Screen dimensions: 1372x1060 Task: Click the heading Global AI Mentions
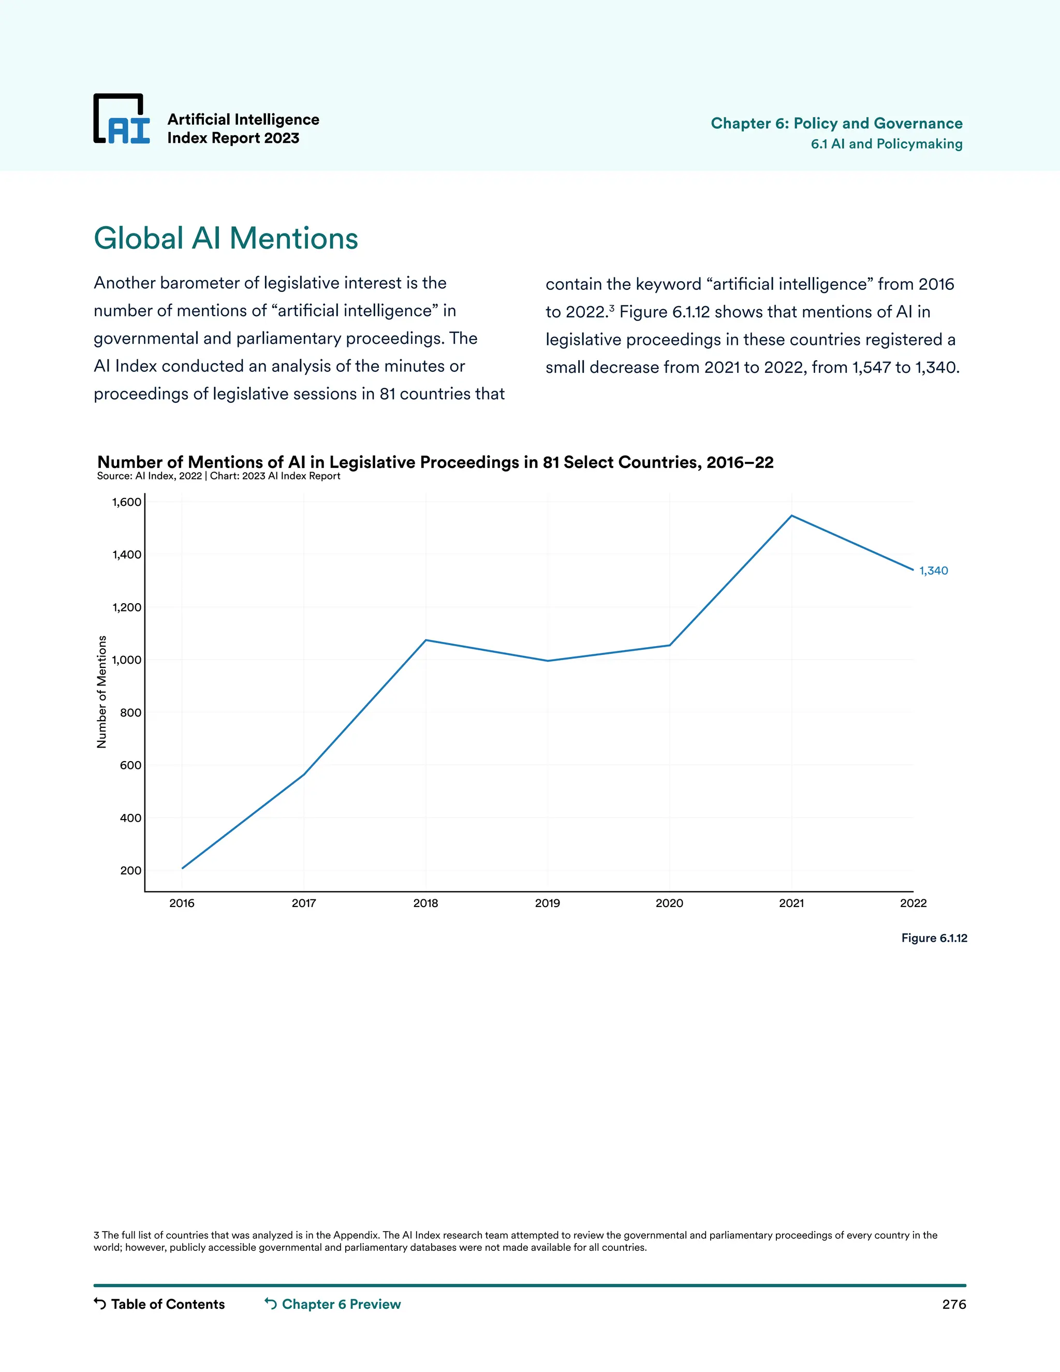226,239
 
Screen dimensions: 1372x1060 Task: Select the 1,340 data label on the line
933,571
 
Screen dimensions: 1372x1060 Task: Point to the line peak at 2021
791,516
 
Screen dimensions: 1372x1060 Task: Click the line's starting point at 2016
182,868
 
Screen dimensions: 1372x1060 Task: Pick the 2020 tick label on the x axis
669,903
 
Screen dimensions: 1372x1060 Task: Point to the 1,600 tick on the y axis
127,502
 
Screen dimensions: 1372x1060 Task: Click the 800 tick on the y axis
130,712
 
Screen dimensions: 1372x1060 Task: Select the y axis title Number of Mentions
102,692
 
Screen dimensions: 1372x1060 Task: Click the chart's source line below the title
218,476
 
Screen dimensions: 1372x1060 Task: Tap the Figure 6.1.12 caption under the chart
934,938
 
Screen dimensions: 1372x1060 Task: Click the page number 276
953,1304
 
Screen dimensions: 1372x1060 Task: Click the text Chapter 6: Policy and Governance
836,123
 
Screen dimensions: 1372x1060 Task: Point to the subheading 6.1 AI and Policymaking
886,144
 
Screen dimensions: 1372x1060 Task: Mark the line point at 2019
548,660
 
